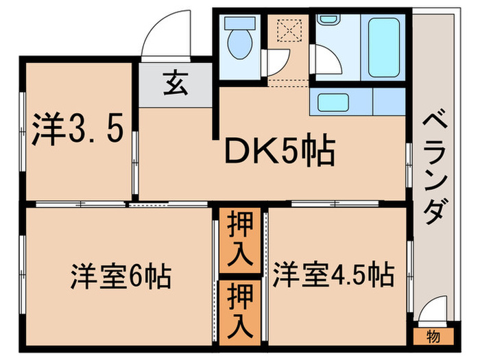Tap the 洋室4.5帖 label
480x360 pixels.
334,276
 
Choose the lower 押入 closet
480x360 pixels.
240,309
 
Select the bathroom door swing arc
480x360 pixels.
326,61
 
